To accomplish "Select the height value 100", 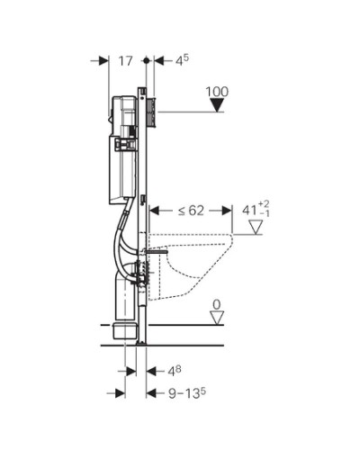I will coord(217,91).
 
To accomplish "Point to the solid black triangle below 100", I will coord(216,107).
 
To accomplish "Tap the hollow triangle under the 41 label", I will coord(256,227).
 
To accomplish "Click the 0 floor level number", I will coord(216,305).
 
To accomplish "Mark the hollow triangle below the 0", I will coord(216,319).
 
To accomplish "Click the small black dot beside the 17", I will coord(146,60).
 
